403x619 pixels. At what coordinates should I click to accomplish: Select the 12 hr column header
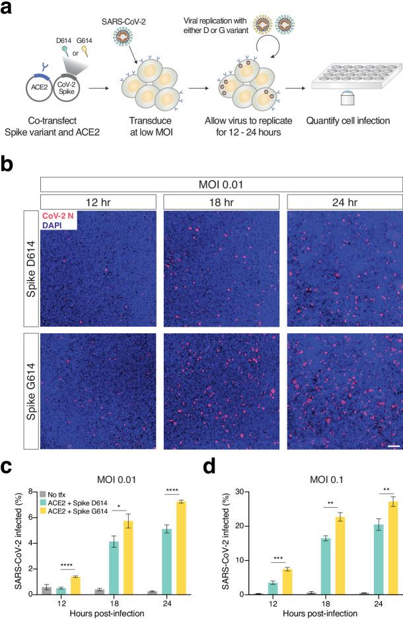click(98, 200)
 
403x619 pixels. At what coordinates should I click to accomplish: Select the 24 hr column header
click(344, 200)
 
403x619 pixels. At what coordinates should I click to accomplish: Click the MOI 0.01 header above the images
click(221, 183)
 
